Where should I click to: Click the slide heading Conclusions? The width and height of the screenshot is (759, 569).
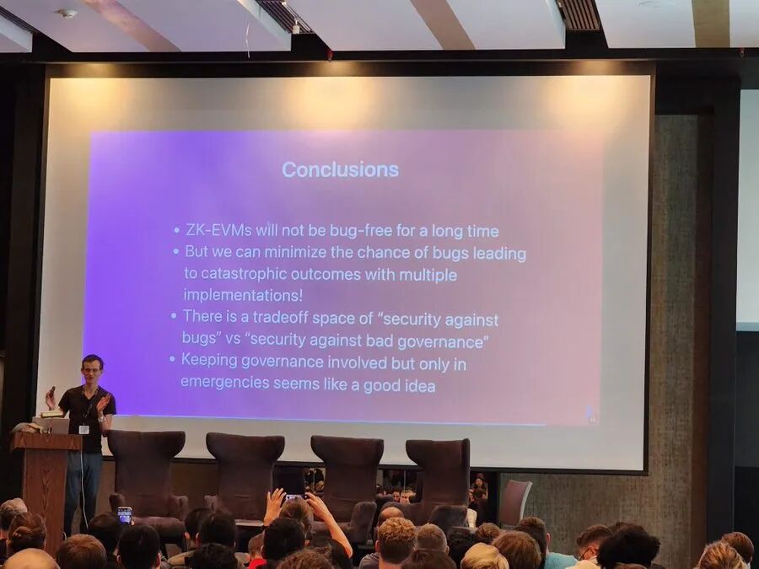(x=340, y=169)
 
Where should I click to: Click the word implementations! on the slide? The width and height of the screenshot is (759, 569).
(x=243, y=296)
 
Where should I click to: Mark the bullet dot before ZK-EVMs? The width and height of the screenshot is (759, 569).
(x=176, y=231)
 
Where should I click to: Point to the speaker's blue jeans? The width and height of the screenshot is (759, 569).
(x=83, y=489)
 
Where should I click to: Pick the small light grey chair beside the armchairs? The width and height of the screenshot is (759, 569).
(x=514, y=502)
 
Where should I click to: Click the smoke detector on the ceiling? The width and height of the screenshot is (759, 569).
(x=66, y=13)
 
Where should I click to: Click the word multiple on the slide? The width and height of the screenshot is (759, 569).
(x=428, y=275)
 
